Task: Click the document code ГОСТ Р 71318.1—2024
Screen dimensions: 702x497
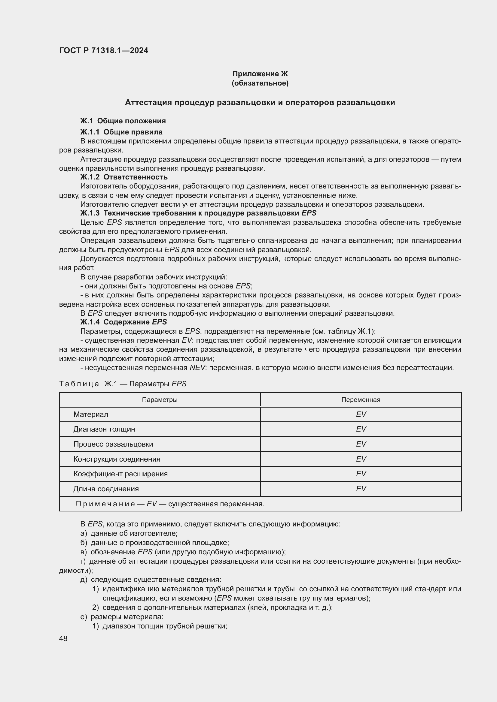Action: point(103,50)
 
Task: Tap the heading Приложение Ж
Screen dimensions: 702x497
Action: point(260,74)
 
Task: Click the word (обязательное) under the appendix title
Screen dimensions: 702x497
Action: point(260,83)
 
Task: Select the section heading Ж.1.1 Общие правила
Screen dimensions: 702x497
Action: point(121,132)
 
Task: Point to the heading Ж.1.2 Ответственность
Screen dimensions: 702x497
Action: point(123,177)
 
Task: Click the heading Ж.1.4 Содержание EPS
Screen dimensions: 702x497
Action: point(123,322)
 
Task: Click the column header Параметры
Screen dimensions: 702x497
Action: point(160,399)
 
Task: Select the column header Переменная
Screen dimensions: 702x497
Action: point(361,399)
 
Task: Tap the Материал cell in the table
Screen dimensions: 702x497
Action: point(90,414)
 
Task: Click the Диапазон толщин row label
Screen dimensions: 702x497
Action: point(104,429)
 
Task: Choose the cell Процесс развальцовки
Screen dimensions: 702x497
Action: point(113,444)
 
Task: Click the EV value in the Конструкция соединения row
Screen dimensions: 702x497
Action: point(361,459)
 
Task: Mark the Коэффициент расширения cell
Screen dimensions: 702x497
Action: point(120,474)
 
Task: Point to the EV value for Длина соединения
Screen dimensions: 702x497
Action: point(361,489)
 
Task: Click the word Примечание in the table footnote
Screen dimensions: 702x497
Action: point(105,504)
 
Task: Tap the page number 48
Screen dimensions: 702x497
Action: point(63,638)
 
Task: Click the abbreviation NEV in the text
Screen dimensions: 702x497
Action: point(197,368)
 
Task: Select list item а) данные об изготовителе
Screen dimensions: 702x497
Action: point(129,533)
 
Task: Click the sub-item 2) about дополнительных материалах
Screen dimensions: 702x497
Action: point(212,607)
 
